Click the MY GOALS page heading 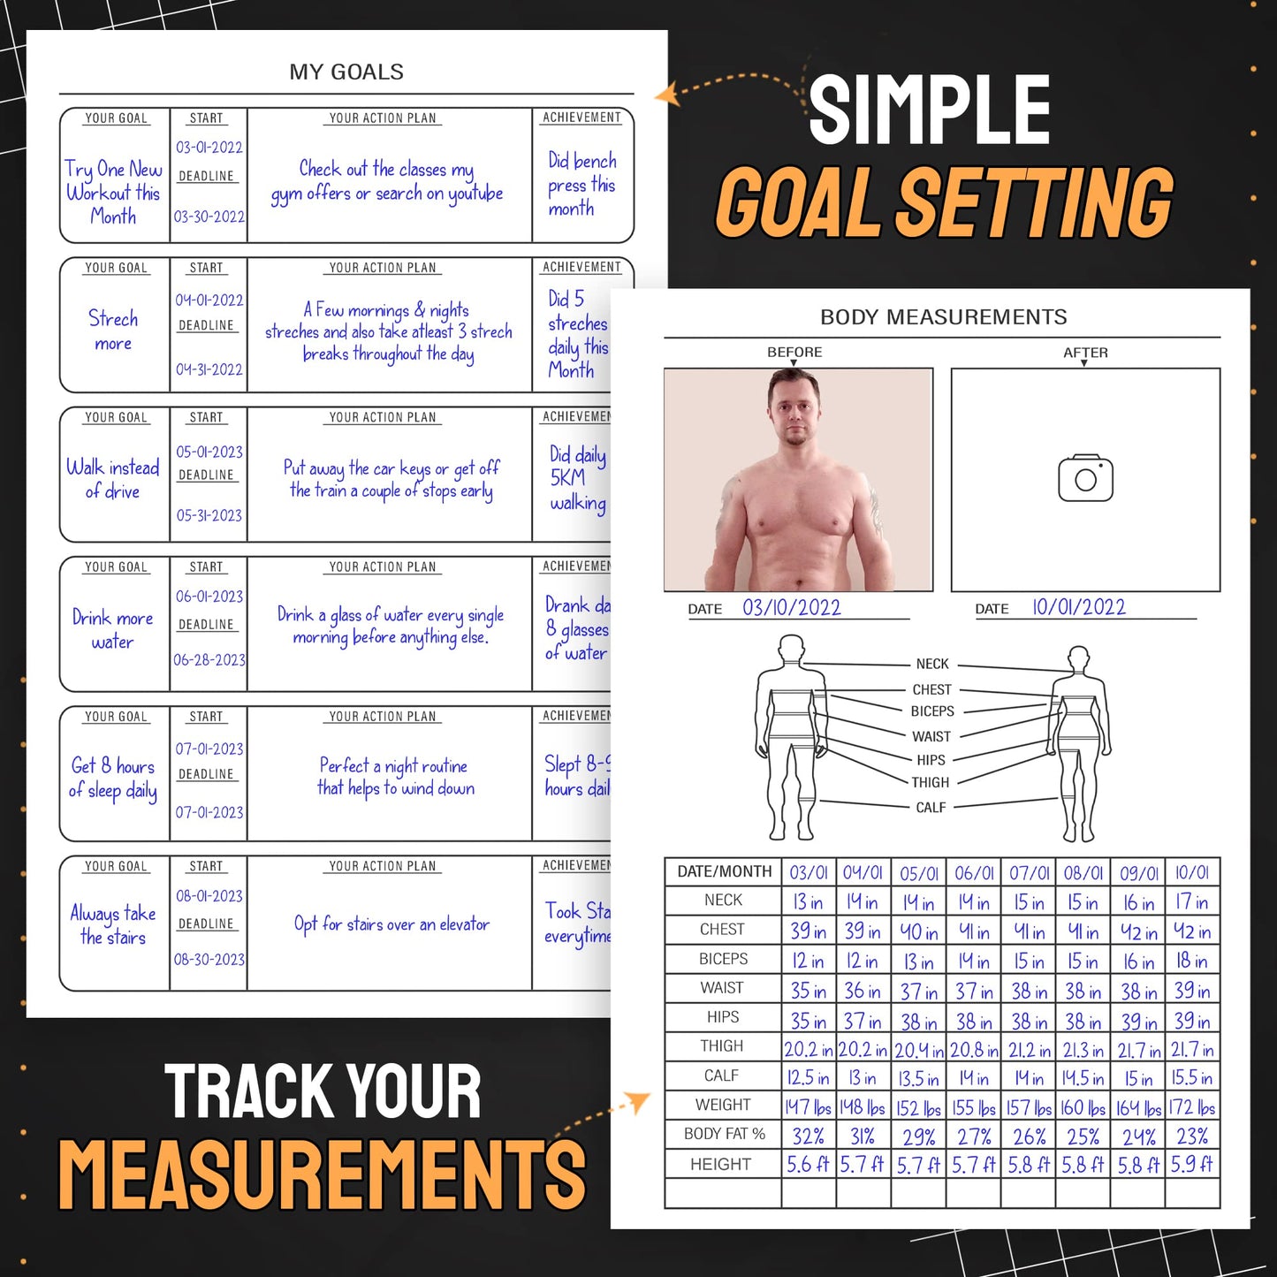click(346, 72)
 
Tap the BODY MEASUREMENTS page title click(943, 317)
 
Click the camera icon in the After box click(1085, 479)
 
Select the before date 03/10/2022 click(791, 608)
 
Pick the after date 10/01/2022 click(1079, 608)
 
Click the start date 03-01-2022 click(209, 148)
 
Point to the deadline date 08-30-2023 click(209, 960)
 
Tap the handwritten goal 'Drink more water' click(113, 629)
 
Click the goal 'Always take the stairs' click(113, 925)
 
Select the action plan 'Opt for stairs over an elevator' click(391, 924)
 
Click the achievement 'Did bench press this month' click(581, 185)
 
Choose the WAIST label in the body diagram click(931, 736)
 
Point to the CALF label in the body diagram click(931, 808)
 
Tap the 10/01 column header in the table click(1191, 873)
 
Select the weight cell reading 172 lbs click(1191, 1107)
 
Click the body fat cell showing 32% click(808, 1136)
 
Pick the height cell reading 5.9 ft click(1191, 1165)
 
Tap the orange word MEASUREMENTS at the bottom click(322, 1174)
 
